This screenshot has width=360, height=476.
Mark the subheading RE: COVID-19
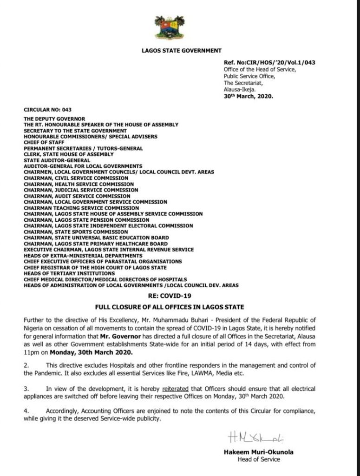[x=180, y=295]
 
